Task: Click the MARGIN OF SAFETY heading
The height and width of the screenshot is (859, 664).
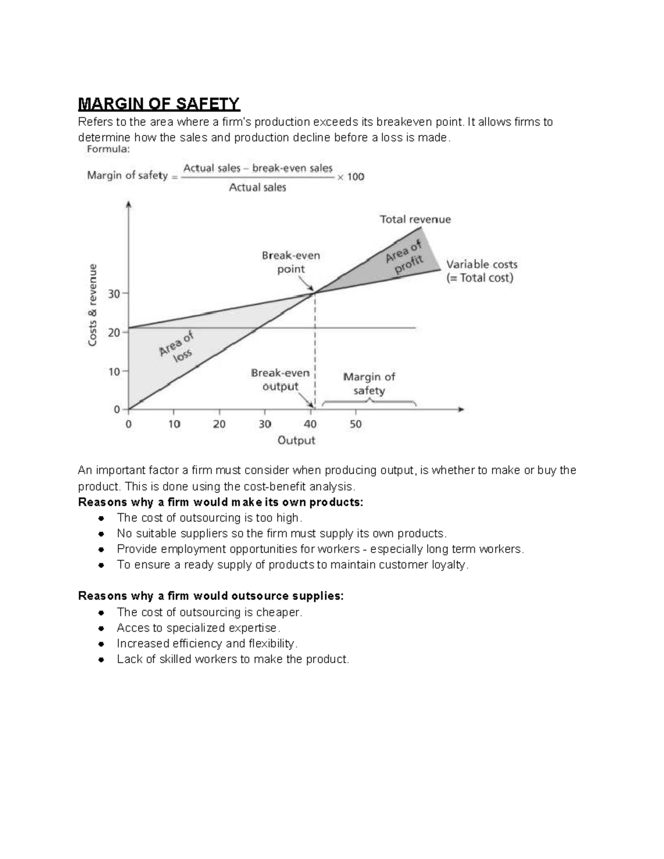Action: click(x=159, y=103)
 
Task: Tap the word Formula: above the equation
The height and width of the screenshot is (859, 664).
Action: click(x=108, y=149)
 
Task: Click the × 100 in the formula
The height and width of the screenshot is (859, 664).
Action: click(x=351, y=177)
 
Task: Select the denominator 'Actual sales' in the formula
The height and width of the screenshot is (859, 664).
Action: click(x=257, y=188)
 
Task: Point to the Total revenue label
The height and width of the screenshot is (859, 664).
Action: click(x=415, y=219)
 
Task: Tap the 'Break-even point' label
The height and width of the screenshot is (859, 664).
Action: click(x=290, y=262)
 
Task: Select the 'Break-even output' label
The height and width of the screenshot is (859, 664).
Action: click(x=280, y=379)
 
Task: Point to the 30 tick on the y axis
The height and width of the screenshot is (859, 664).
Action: click(x=115, y=294)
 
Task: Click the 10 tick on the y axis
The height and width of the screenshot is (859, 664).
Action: click(x=115, y=372)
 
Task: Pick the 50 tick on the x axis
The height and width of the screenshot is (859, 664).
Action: click(x=355, y=424)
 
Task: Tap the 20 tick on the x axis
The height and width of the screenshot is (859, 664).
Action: click(x=219, y=424)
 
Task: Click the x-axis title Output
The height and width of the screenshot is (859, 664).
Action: click(x=296, y=440)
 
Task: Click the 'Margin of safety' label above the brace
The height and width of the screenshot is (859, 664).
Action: click(x=369, y=383)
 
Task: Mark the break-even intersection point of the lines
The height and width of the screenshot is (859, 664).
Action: click(x=315, y=292)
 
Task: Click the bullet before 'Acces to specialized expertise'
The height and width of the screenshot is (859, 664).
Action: click(x=101, y=628)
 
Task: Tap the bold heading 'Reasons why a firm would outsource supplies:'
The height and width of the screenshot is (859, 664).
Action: click(x=211, y=596)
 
